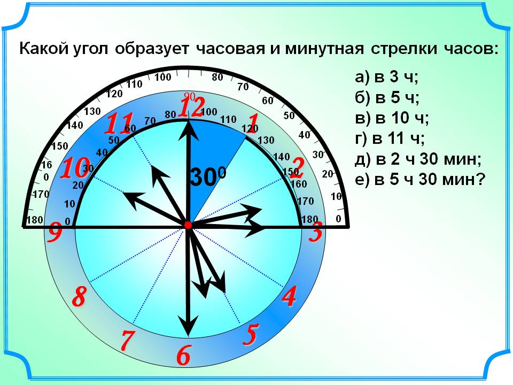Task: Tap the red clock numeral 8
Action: [x=79, y=296]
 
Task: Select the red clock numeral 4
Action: [x=289, y=296]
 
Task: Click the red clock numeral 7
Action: [x=128, y=340]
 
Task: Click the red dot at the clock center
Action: [x=188, y=225]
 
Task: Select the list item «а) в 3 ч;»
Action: [x=387, y=77]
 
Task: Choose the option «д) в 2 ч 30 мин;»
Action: [x=418, y=159]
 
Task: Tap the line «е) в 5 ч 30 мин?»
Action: [x=420, y=180]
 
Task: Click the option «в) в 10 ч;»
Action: [x=392, y=118]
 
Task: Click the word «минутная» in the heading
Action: [x=324, y=49]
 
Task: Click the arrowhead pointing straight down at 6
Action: [x=188, y=326]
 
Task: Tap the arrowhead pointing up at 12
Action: [x=189, y=130]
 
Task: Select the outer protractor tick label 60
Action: [x=268, y=101]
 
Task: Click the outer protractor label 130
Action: [x=92, y=111]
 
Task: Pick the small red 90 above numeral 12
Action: [x=189, y=96]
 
